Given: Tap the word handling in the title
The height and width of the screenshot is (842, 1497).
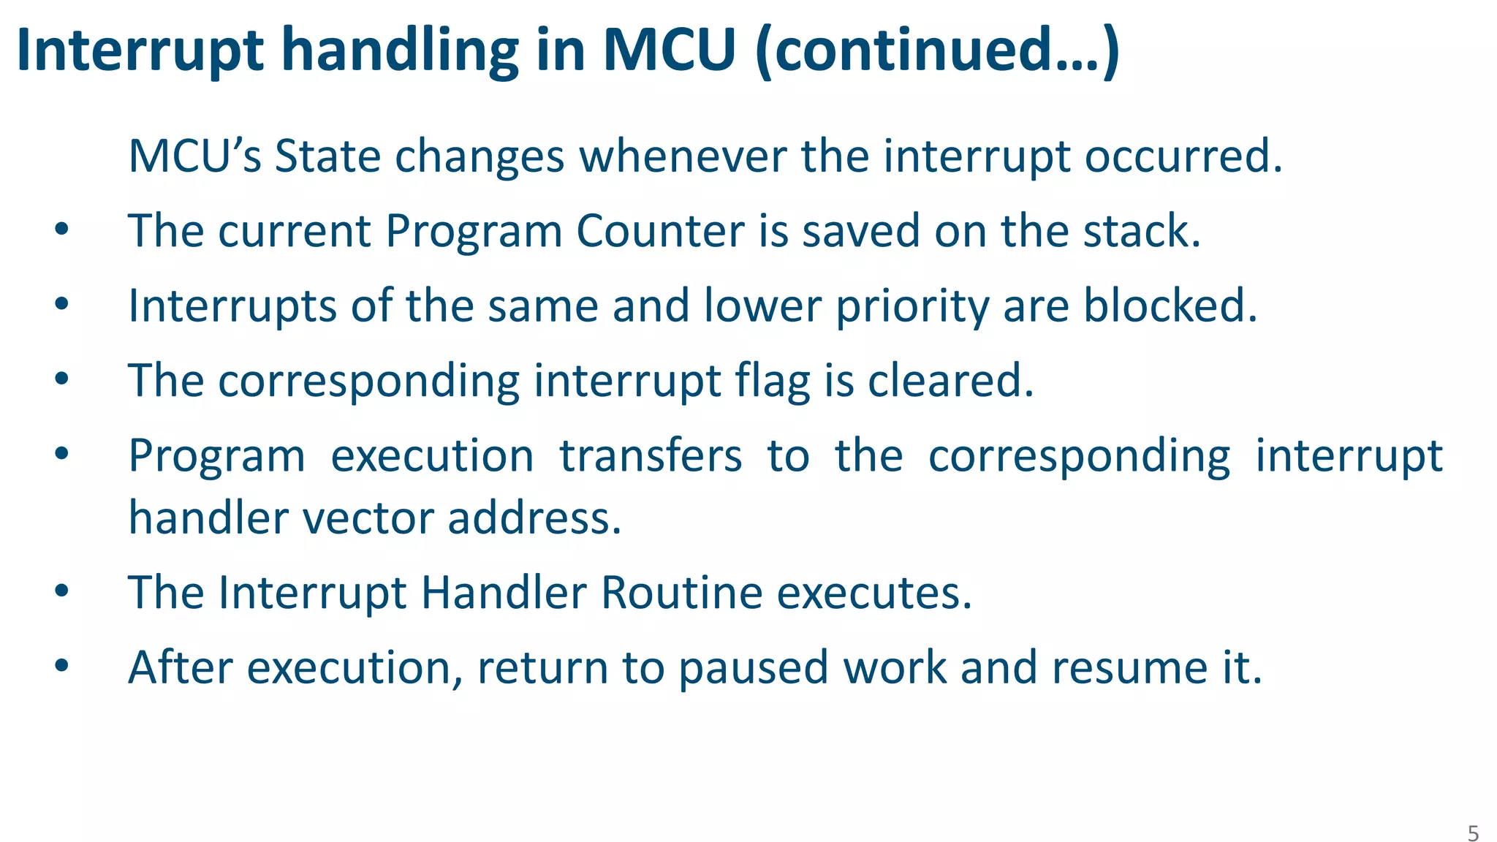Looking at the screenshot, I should [x=400, y=51].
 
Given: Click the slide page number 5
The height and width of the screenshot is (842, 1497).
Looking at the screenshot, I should [x=1473, y=833].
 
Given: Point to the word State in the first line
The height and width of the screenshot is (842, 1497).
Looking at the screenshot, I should [x=327, y=156].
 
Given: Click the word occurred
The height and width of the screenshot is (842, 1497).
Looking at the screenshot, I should [x=1183, y=156].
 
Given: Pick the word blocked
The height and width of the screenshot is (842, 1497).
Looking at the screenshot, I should [x=1170, y=306].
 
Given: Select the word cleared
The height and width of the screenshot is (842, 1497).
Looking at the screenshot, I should [x=950, y=381].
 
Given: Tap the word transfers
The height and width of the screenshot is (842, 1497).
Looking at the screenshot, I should [x=651, y=456].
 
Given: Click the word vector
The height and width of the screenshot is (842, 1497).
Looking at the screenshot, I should [x=368, y=517].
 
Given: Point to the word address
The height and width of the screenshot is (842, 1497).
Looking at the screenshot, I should [x=534, y=517].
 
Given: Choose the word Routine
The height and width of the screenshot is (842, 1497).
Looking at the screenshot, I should [x=682, y=592].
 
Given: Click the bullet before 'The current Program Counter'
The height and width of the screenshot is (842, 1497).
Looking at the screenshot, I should [x=61, y=231].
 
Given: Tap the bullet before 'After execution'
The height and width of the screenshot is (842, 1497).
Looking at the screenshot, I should [x=61, y=666].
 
